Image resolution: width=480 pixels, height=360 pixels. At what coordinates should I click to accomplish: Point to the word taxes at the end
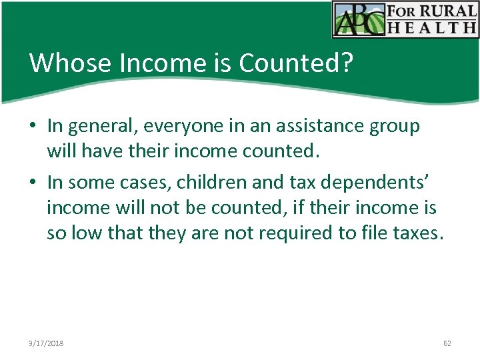(x=415, y=233)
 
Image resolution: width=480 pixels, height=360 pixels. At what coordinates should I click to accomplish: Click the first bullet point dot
(x=33, y=126)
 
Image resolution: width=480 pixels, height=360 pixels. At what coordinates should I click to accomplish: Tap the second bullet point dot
(x=33, y=182)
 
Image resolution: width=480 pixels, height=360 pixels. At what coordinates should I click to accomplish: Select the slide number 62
(x=447, y=343)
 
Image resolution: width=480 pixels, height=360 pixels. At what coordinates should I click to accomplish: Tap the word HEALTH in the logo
(x=443, y=27)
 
